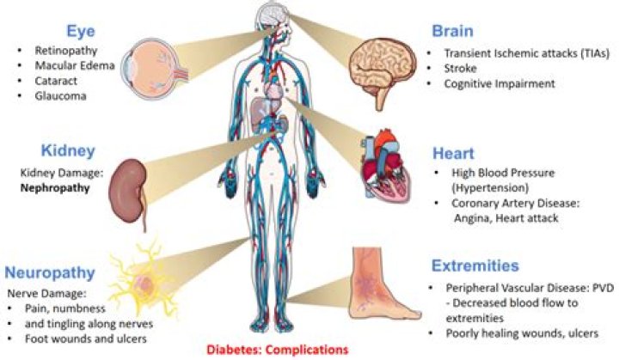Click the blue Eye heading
81,32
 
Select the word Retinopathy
66,51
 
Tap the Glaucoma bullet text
60,96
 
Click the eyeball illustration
154,68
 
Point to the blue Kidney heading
68,151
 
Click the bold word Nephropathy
55,188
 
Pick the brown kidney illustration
128,194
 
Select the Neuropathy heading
50,272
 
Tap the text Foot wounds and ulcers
86,339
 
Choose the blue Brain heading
452,31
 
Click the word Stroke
460,68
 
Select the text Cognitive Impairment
499,83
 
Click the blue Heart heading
453,154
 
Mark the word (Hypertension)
490,187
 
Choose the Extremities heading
475,265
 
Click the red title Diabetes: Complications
278,350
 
